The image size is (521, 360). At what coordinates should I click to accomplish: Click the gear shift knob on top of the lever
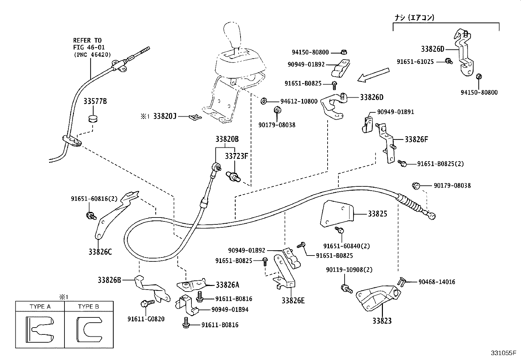pyautogui.click(x=233, y=35)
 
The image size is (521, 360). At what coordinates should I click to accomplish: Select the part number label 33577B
pyautogui.click(x=95, y=102)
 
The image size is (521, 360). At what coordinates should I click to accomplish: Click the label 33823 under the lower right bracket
pyautogui.click(x=382, y=321)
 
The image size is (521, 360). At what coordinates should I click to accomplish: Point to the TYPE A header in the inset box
pyautogui.click(x=40, y=307)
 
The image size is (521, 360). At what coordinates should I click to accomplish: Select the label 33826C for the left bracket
pyautogui.click(x=100, y=252)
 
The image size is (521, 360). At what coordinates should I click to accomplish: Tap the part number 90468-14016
pyautogui.click(x=437, y=282)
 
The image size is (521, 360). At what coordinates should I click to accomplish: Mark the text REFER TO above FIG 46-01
pyautogui.click(x=87, y=41)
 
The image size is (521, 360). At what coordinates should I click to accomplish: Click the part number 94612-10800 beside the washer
pyautogui.click(x=298, y=101)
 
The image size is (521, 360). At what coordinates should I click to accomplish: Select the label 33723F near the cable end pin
pyautogui.click(x=236, y=156)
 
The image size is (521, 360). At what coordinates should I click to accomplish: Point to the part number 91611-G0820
pyautogui.click(x=146, y=319)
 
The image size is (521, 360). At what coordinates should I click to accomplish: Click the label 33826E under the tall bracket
pyautogui.click(x=293, y=300)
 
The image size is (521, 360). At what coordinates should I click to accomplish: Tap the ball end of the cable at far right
pyautogui.click(x=432, y=216)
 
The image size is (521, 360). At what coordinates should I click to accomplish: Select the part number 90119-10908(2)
pyautogui.click(x=349, y=270)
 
